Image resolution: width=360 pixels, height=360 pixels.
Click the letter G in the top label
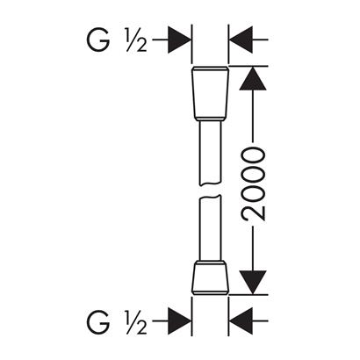click(98, 40)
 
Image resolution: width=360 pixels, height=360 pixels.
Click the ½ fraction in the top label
click(136, 40)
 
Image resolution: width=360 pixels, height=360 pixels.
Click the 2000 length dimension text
click(254, 184)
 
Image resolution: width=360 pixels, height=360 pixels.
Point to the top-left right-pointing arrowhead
click(179, 40)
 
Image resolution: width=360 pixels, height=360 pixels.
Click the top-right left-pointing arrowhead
click(241, 40)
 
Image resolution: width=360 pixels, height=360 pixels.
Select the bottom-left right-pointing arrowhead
click(179, 321)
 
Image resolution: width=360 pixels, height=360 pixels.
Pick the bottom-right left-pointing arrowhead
click(241, 321)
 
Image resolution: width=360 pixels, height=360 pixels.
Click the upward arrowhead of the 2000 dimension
click(253, 78)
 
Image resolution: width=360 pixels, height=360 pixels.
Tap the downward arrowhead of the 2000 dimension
click(253, 282)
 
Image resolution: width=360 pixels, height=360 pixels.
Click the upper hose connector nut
click(210, 93)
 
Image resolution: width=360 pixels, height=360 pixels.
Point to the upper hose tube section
click(210, 153)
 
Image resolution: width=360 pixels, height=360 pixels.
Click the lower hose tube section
click(210, 228)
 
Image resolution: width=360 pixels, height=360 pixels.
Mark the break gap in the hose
click(210, 191)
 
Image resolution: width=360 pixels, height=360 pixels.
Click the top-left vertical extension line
click(191, 44)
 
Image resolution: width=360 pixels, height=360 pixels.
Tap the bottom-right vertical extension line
click(229, 316)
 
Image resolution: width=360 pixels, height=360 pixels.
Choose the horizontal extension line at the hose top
click(248, 66)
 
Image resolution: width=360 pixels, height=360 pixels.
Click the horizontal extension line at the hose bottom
click(248, 294)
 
